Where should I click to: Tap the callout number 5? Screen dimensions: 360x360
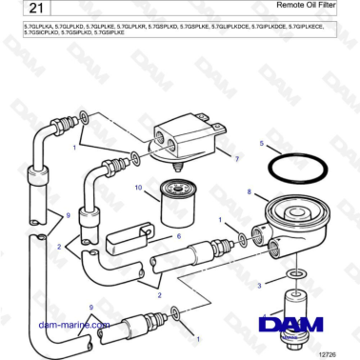(x=262, y=143)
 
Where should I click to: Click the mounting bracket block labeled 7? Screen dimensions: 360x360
(x=190, y=130)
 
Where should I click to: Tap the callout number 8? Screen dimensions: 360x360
(x=250, y=192)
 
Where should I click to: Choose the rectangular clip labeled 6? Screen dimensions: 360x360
(x=125, y=236)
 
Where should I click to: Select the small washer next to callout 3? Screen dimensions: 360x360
(x=296, y=274)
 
